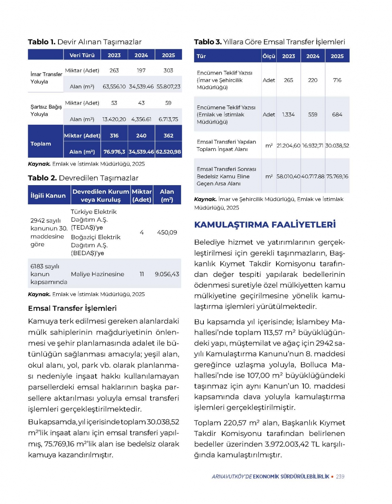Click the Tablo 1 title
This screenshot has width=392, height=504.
pos(84,42)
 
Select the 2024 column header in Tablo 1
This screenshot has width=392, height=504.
pos(141,55)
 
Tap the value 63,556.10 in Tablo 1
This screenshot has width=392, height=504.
pos(114,87)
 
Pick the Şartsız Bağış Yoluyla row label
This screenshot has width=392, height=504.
pos(46,110)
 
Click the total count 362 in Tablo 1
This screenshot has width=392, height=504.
pos(168,136)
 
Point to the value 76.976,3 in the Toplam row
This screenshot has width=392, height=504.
pos(114,152)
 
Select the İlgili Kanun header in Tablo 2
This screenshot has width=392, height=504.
pos(48,195)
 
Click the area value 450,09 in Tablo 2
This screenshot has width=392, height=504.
pos(167,233)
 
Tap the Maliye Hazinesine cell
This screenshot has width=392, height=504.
pos(98,274)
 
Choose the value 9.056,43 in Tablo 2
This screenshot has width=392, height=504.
pos(167,274)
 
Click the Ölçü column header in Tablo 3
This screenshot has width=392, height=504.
pos(269,56)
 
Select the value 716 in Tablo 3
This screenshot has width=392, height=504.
pos(337,80)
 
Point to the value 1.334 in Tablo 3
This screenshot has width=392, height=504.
pos(289,115)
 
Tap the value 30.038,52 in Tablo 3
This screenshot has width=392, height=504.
pos(337,146)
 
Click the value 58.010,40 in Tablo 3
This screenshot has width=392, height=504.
pos(289,176)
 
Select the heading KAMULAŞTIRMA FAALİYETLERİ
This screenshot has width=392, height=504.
pos(265,225)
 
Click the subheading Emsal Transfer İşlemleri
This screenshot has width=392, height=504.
pos(72,308)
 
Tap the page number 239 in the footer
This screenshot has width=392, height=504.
pos(340,477)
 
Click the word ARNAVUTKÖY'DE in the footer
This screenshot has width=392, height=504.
pos(232,477)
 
